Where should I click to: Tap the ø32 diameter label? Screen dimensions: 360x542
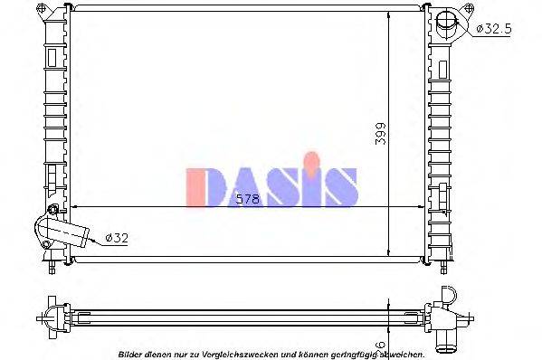coord(117,238)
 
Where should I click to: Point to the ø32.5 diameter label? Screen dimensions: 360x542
coord(493,28)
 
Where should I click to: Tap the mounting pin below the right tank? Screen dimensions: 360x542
coord(444,267)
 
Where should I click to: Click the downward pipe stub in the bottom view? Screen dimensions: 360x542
coord(448,338)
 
